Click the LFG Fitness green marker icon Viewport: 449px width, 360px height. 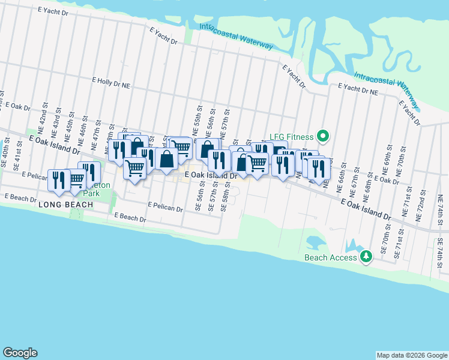[322, 137]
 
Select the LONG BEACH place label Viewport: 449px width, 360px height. [65, 205]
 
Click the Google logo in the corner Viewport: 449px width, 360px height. [20, 353]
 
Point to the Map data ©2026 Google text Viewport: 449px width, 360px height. [411, 355]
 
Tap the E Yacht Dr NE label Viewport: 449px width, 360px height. [358, 89]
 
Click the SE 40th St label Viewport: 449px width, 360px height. [7, 157]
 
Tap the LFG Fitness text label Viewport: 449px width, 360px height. [292, 137]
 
